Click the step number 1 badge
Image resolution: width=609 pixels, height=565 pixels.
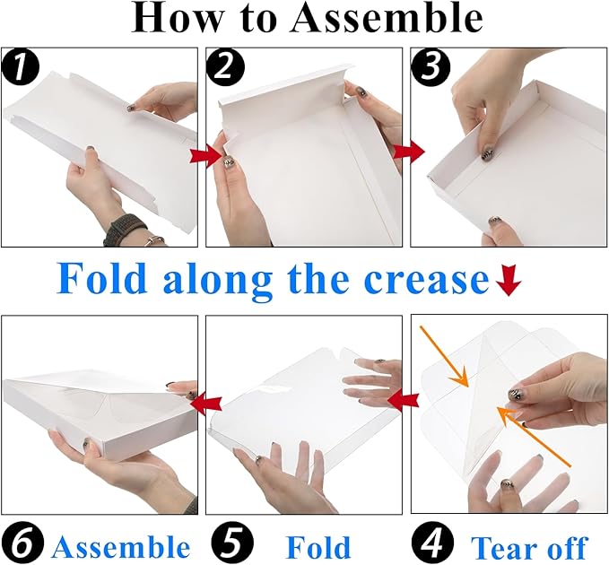pos(20,67)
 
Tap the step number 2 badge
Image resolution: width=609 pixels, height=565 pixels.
pos(225,67)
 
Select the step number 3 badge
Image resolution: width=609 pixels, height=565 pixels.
pos(430,67)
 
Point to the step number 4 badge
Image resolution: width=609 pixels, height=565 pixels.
pos(432,543)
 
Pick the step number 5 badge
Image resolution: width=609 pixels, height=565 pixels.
pos(232,543)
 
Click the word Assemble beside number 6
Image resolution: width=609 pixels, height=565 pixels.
pos(120,546)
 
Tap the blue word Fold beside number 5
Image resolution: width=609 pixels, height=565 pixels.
pos(318,546)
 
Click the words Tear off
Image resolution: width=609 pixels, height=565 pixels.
pos(530,547)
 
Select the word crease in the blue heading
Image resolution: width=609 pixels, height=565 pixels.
pos(426,281)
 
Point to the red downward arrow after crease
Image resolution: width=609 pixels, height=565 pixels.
pos(508,281)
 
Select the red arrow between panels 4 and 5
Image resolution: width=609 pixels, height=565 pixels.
pos(404,400)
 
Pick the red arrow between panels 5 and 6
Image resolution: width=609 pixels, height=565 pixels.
pos(206,402)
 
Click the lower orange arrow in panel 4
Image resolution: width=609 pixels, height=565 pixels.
pos(534,436)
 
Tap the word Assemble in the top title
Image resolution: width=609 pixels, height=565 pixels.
pos(386,19)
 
